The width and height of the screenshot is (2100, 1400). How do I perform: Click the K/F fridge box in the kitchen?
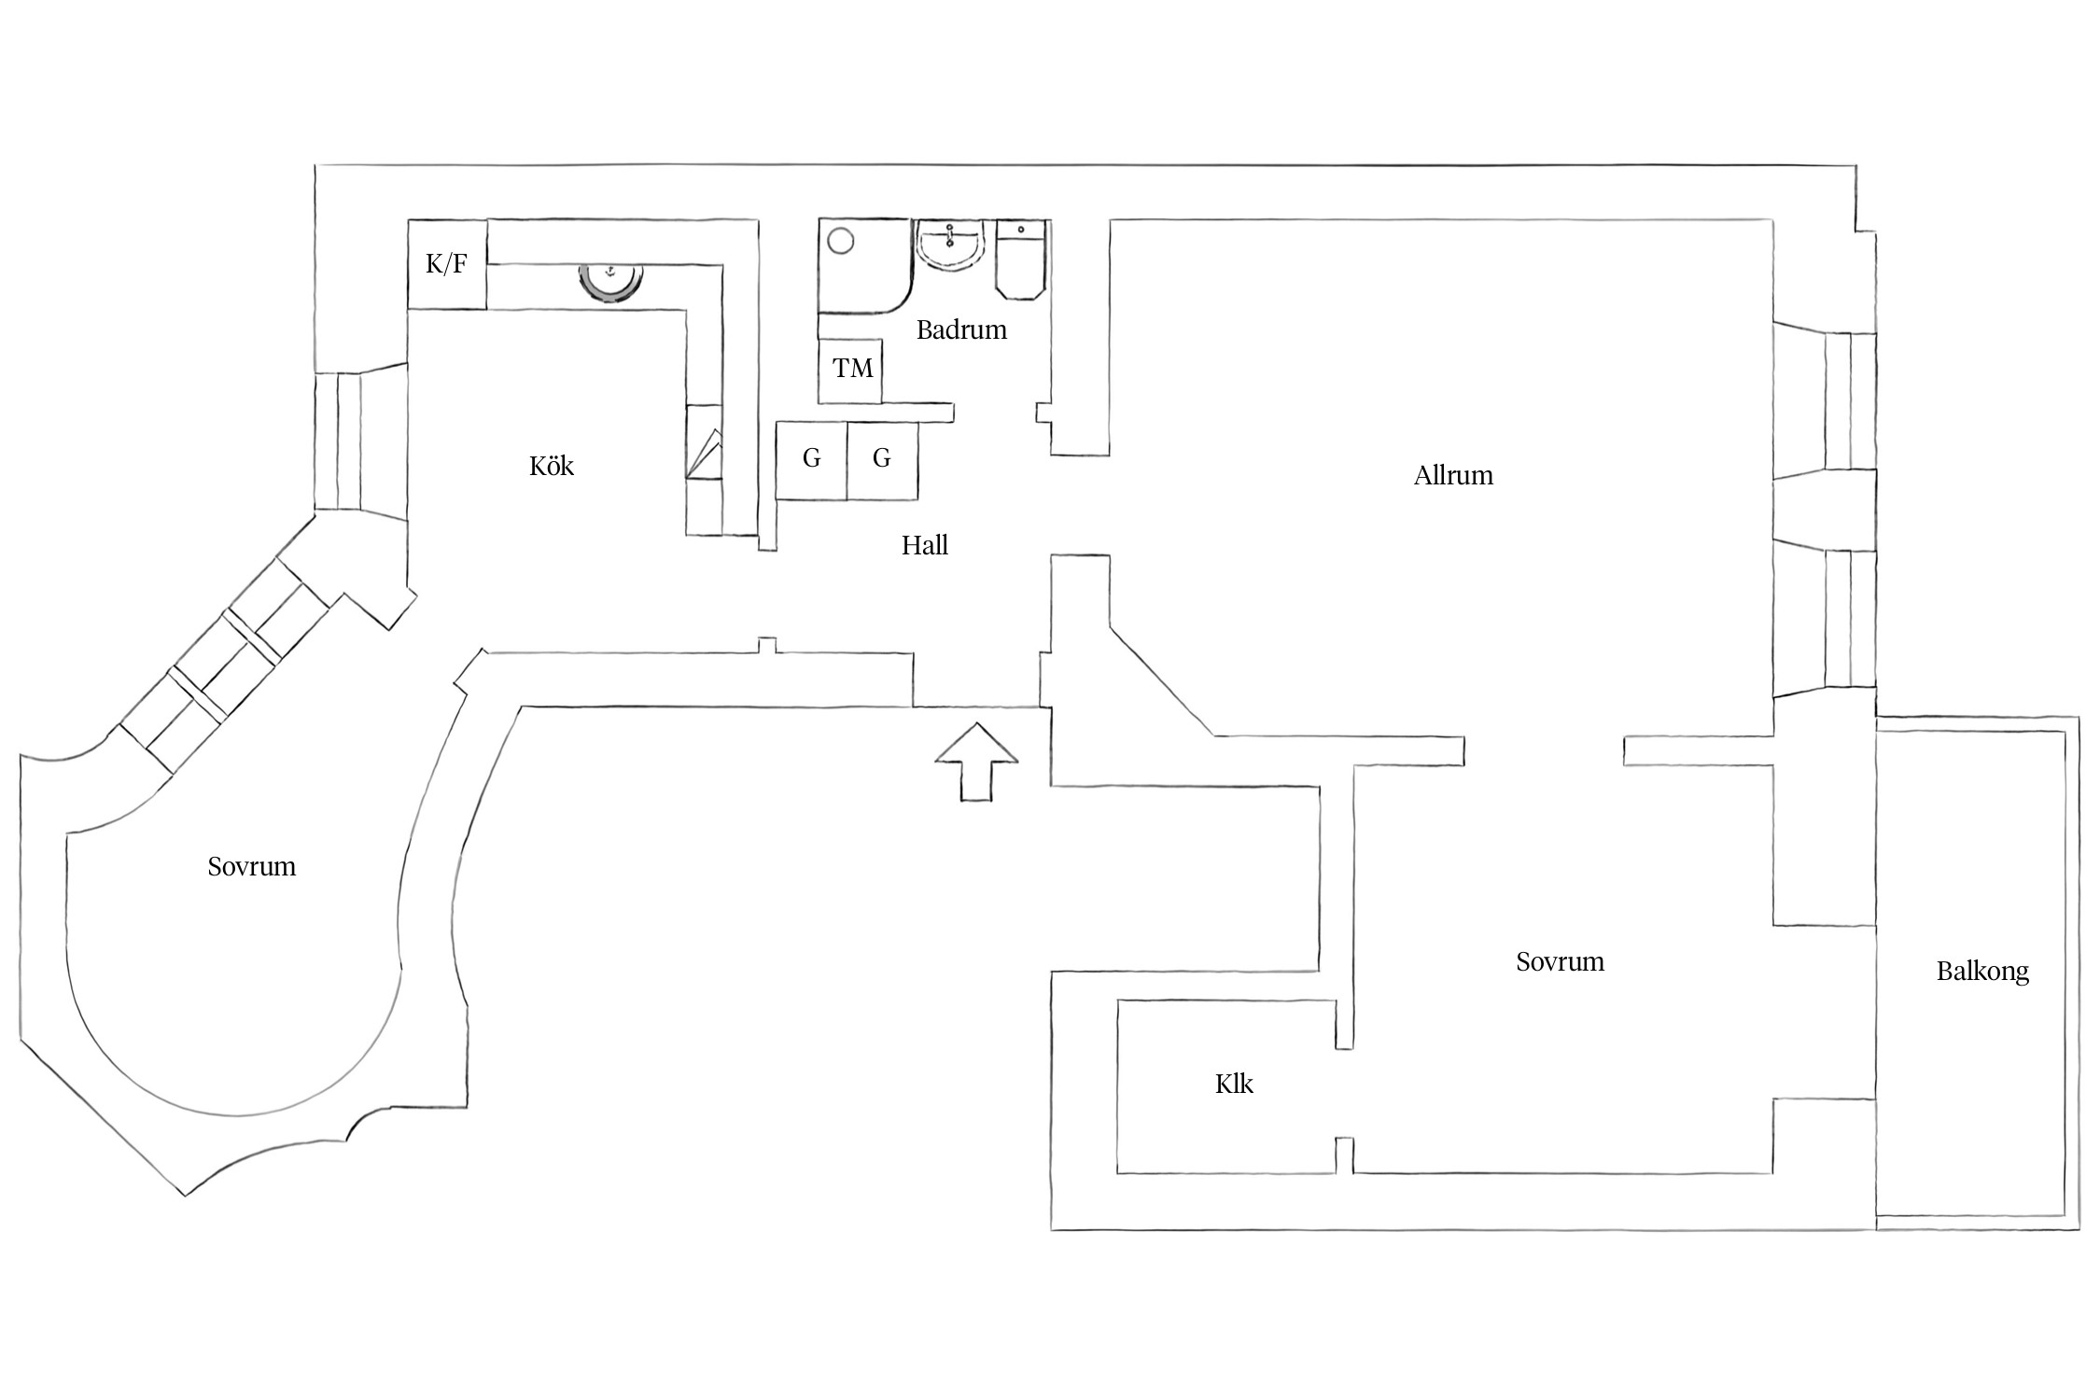[447, 264]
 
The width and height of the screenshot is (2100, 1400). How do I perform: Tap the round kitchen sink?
[611, 279]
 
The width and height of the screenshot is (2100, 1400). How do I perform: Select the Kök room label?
[552, 466]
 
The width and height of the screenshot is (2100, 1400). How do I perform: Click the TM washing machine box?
[850, 371]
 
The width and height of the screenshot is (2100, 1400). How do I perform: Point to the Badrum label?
[961, 329]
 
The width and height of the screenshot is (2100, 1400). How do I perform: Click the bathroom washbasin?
[950, 245]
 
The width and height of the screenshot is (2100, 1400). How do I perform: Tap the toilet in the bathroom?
[1020, 259]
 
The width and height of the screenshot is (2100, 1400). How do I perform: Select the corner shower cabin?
[864, 267]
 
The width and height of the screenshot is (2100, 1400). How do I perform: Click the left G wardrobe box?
[812, 460]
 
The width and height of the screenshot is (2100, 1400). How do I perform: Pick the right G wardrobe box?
[883, 460]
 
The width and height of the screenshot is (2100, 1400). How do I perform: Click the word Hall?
[925, 545]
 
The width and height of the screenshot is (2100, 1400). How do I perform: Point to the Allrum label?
[1453, 475]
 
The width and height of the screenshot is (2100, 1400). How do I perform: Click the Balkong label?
[1982, 972]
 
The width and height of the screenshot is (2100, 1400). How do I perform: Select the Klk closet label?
[1234, 1084]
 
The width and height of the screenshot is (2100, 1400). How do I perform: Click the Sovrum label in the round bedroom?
[252, 866]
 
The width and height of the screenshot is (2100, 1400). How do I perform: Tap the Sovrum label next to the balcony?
[1561, 961]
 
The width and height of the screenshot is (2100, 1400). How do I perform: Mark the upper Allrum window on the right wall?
[1825, 400]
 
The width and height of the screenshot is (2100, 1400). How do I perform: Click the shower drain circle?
[841, 241]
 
